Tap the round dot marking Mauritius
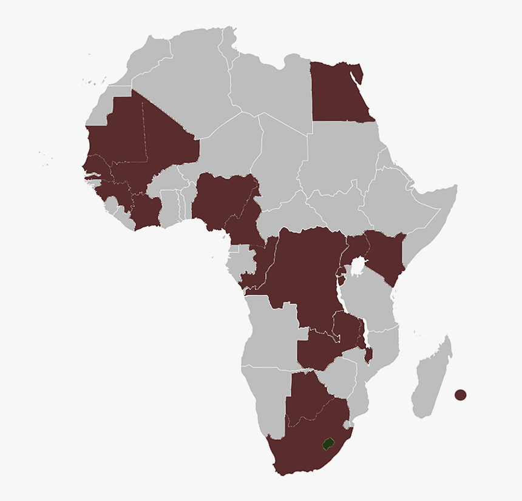coord(460,395)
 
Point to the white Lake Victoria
coord(358,266)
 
